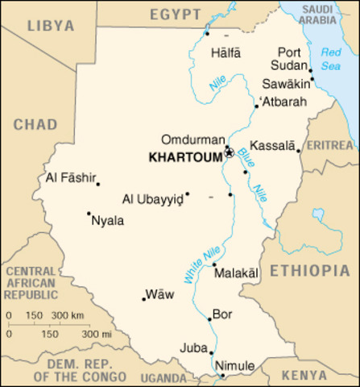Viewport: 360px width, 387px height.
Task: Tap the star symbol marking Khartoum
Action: [229, 151]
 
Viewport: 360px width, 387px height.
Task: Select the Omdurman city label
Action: [188, 139]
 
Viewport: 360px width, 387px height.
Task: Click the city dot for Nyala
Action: [89, 214]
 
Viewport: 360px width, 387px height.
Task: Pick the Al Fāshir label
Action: [70, 177]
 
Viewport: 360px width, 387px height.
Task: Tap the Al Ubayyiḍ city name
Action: [152, 198]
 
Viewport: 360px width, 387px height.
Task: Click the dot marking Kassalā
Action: [298, 151]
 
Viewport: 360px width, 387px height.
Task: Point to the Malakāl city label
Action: [238, 273]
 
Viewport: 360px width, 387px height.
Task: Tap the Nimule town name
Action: [238, 366]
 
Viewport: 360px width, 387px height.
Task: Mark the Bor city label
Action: [221, 314]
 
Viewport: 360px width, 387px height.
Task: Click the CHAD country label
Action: [35, 125]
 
